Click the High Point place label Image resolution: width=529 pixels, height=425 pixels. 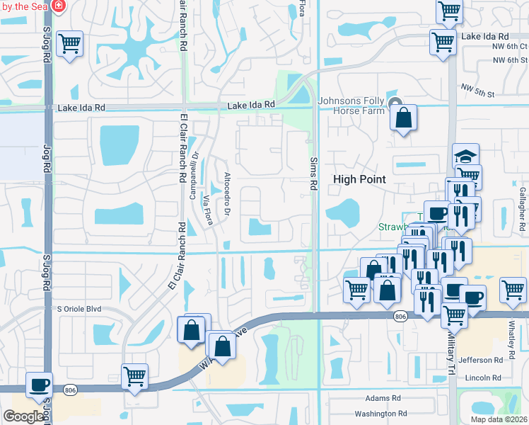pyautogui.click(x=359, y=179)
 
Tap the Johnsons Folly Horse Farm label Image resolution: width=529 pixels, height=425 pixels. pyautogui.click(x=354, y=106)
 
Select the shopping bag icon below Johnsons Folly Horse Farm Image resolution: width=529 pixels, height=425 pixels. pyautogui.click(x=403, y=118)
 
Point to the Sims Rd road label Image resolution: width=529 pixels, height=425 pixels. pyautogui.click(x=312, y=174)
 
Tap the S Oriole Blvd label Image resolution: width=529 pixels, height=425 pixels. pyautogui.click(x=83, y=309)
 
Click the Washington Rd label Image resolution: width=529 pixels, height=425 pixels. pyautogui.click(x=380, y=414)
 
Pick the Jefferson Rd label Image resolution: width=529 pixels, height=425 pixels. pyautogui.click(x=479, y=361)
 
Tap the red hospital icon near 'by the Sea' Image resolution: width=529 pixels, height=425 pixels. pyautogui.click(x=57, y=6)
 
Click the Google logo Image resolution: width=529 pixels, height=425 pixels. pyautogui.click(x=23, y=416)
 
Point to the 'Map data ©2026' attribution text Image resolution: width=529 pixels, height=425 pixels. pyautogui.click(x=499, y=419)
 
